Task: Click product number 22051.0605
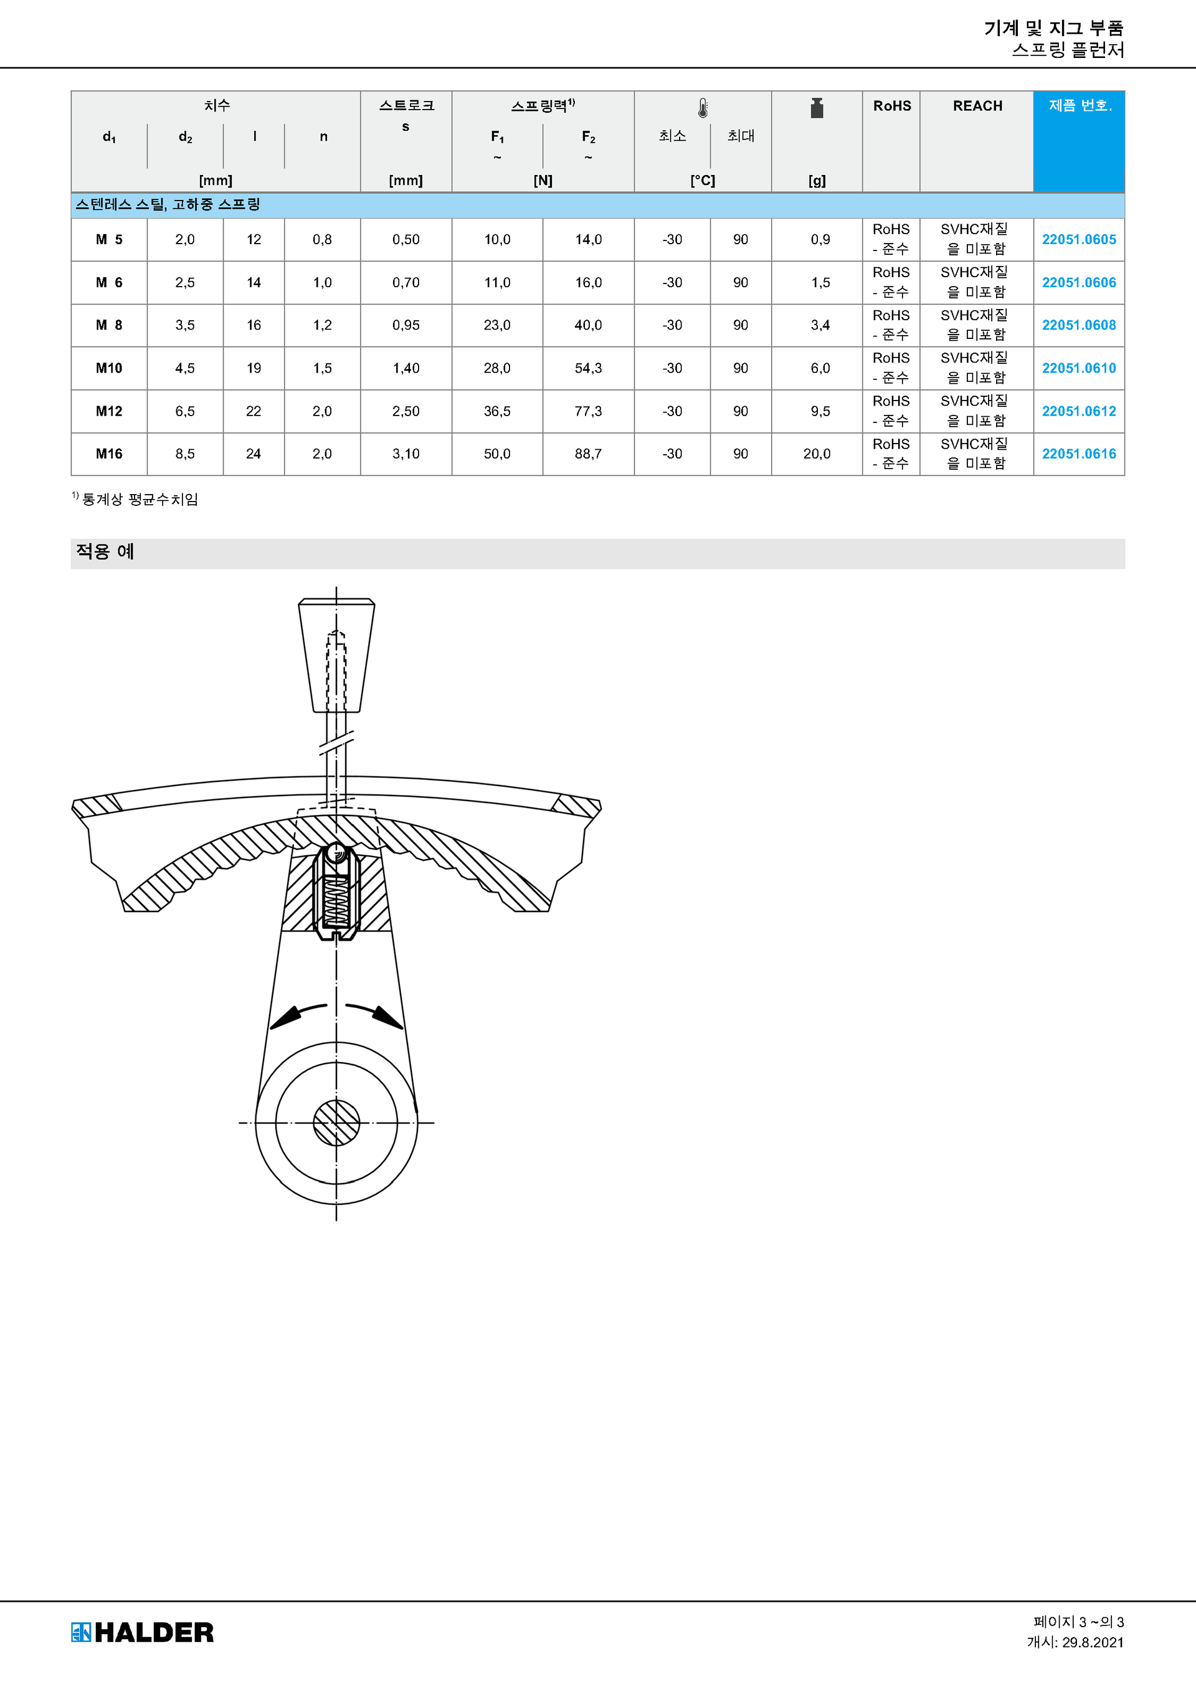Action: pos(1078,239)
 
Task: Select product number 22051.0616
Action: pos(1078,454)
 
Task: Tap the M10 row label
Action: pos(109,368)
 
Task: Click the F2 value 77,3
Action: pos(588,411)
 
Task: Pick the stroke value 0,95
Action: pos(406,325)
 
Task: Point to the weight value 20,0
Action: pos(817,454)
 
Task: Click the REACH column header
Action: pos(977,106)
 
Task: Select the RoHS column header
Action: pos(891,106)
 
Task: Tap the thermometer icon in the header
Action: pos(703,108)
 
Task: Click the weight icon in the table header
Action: pos(817,108)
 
